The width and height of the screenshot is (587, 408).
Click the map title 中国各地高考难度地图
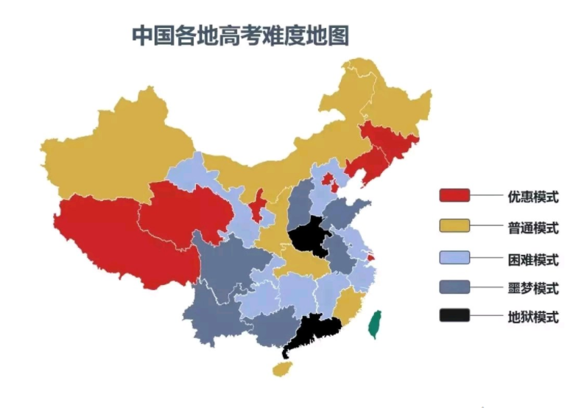[x=240, y=35]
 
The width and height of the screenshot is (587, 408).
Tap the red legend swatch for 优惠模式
[x=454, y=196]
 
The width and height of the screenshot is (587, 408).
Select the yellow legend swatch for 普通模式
[x=454, y=226]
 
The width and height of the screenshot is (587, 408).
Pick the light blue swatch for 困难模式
[x=454, y=258]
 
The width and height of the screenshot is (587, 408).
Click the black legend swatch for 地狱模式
[x=454, y=316]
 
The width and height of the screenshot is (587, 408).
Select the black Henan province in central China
[x=309, y=237]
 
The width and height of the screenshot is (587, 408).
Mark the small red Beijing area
[x=329, y=180]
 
